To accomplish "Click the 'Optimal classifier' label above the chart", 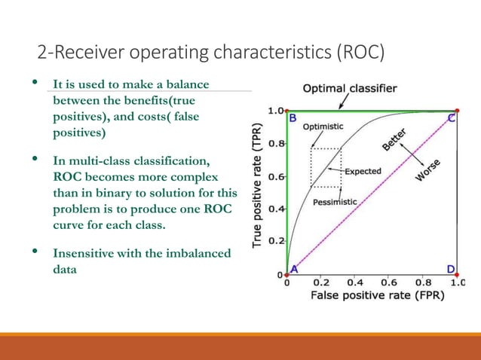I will (x=350, y=89).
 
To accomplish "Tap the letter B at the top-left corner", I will (x=293, y=118).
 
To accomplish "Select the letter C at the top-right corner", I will (x=451, y=118).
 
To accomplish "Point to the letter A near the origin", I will (x=294, y=269).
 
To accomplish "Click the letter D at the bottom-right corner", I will (x=450, y=269).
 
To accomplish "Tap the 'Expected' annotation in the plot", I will (x=363, y=171).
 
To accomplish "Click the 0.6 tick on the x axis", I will (x=390, y=284).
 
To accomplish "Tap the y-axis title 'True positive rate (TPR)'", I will (x=258, y=187).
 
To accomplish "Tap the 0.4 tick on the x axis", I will (x=355, y=284).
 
